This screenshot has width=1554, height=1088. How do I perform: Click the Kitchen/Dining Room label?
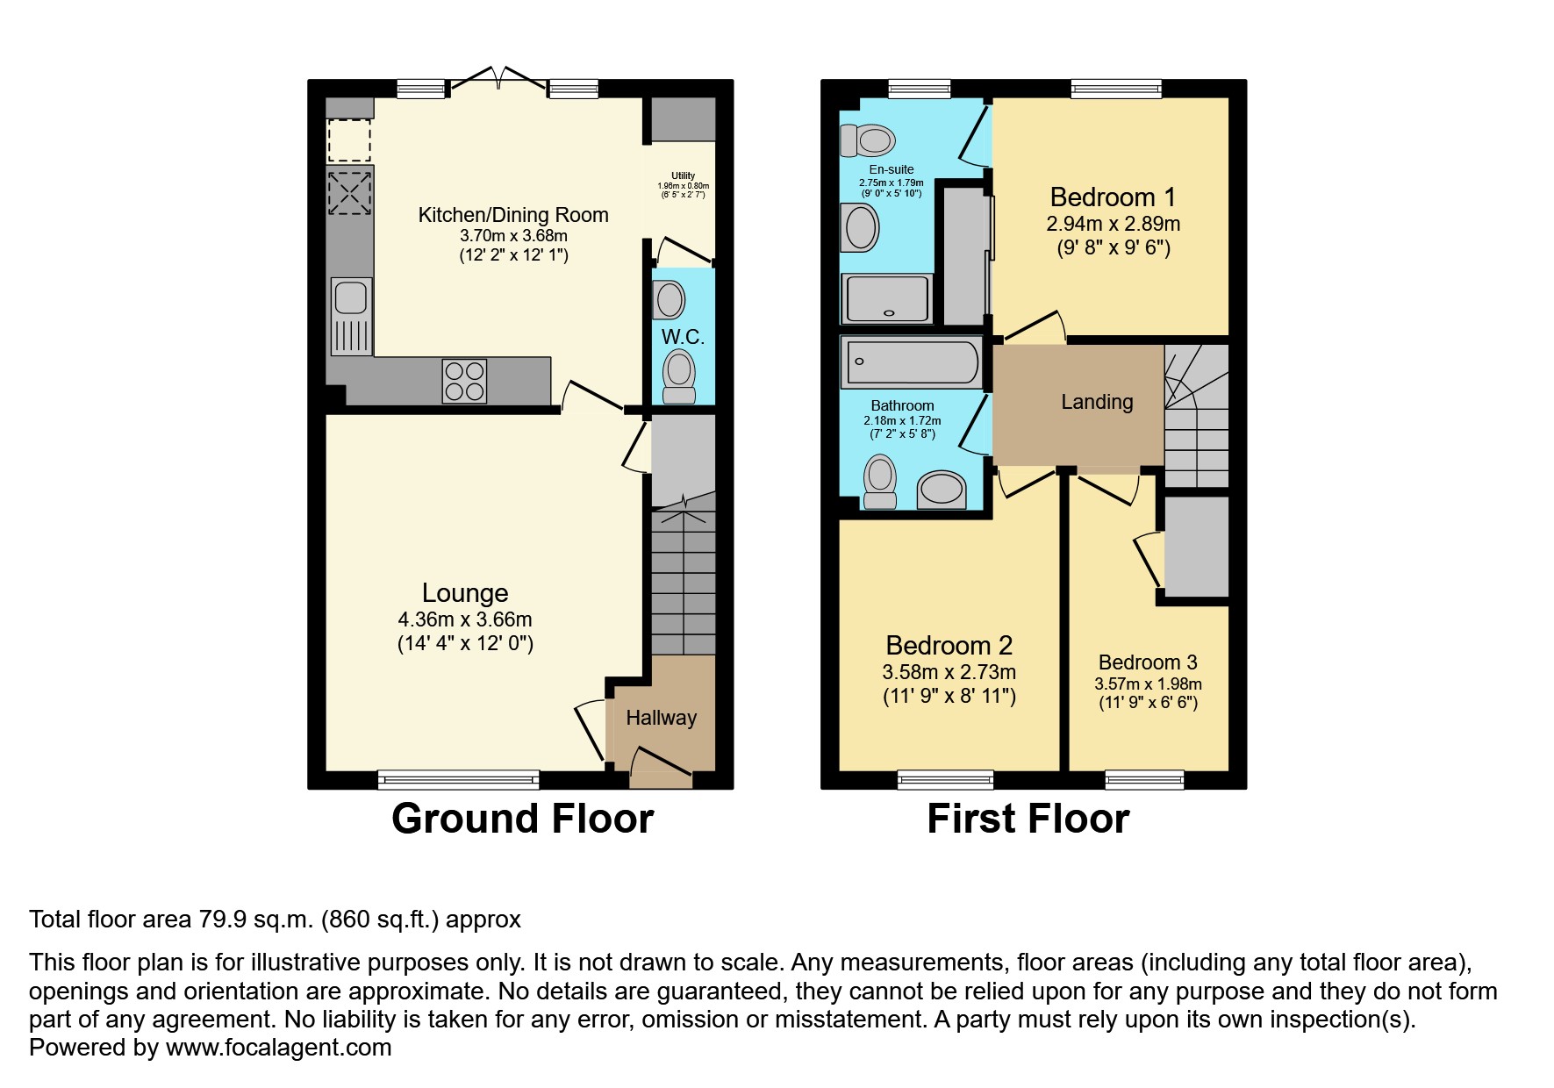pyautogui.click(x=512, y=215)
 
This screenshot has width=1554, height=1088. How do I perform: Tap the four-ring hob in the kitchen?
pyautogui.click(x=465, y=382)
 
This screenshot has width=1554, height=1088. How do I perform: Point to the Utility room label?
pyautogui.click(x=683, y=175)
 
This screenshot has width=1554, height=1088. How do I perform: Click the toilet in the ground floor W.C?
pyautogui.click(x=678, y=375)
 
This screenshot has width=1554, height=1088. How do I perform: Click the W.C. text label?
pyautogui.click(x=683, y=337)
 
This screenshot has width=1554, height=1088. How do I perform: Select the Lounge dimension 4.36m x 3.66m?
pyautogui.click(x=464, y=619)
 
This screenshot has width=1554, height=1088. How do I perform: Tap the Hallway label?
pyautogui.click(x=661, y=718)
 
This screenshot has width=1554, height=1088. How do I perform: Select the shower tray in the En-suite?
pyautogui.click(x=887, y=298)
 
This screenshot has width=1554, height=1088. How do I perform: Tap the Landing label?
pyautogui.click(x=1097, y=402)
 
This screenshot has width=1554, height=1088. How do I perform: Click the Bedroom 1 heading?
pyautogui.click(x=1112, y=197)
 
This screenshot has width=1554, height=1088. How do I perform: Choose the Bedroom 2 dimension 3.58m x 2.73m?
pyautogui.click(x=949, y=673)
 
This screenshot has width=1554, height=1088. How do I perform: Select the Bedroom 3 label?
pyautogui.click(x=1147, y=662)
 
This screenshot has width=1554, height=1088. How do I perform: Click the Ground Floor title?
pyautogui.click(x=522, y=819)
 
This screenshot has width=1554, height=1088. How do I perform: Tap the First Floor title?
pyautogui.click(x=1028, y=819)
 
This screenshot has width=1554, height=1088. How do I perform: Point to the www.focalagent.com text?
pyautogui.click(x=278, y=1048)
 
